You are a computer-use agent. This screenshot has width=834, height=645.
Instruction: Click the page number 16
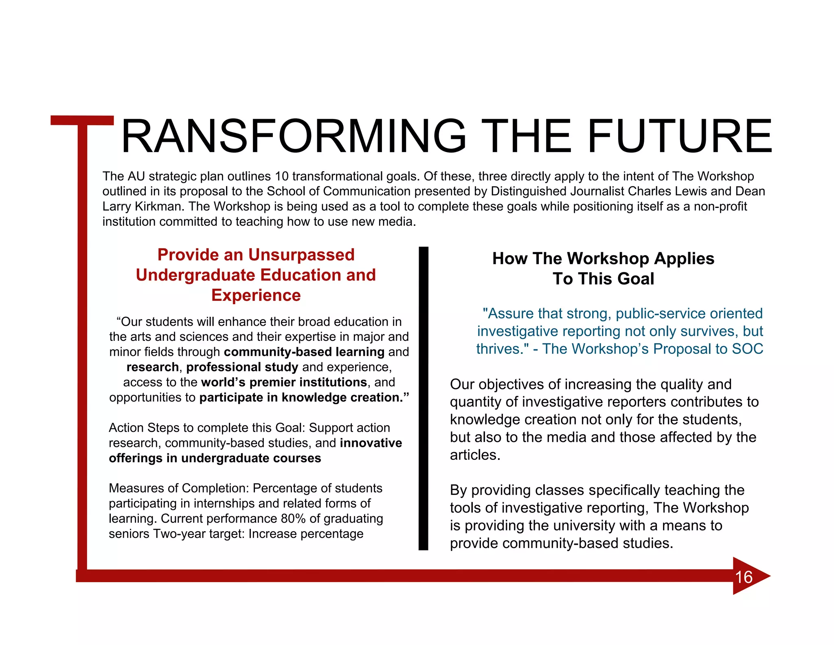(744, 577)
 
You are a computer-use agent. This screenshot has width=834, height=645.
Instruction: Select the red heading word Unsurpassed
(301, 255)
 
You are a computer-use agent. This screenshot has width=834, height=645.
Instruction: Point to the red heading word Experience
(256, 295)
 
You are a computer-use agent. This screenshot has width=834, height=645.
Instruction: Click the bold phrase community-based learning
(304, 352)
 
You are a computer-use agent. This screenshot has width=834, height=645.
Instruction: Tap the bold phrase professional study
(242, 367)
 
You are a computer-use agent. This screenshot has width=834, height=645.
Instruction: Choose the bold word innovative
(371, 443)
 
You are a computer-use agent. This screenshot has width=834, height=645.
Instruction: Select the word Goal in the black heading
(636, 279)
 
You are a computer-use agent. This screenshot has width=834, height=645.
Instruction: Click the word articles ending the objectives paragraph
(474, 455)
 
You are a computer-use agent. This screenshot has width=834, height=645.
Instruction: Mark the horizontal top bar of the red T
(82, 120)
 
